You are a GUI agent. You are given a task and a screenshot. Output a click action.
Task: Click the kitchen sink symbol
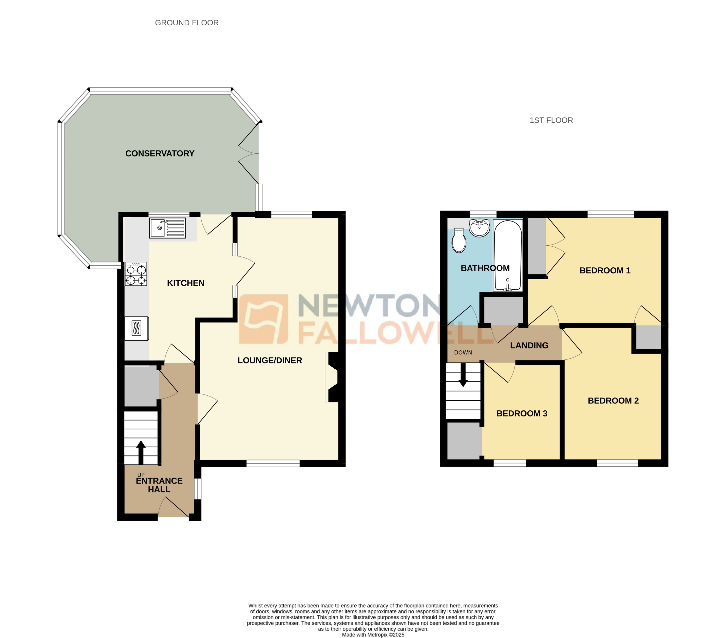pyautogui.click(x=167, y=228)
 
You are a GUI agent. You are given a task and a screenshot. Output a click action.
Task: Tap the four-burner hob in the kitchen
pyautogui.click(x=136, y=274)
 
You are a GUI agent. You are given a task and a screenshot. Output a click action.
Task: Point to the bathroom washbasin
pyautogui.click(x=479, y=227)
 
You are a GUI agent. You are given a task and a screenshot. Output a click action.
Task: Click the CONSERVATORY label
pyautogui.click(x=160, y=153)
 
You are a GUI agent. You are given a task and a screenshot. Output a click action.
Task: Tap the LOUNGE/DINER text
pyautogui.click(x=270, y=360)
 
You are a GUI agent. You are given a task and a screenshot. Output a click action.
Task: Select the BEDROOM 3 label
pyautogui.click(x=521, y=413)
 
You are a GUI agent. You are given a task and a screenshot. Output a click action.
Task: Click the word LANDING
pyautogui.click(x=529, y=345)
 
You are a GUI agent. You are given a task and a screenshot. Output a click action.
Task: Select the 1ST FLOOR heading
pyautogui.click(x=551, y=120)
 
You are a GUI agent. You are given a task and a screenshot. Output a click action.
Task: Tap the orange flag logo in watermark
pyautogui.click(x=263, y=319)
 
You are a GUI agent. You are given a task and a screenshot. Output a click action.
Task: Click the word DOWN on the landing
pyautogui.click(x=463, y=353)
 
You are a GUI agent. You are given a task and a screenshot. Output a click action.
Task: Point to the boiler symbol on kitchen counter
pyautogui.click(x=136, y=328)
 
